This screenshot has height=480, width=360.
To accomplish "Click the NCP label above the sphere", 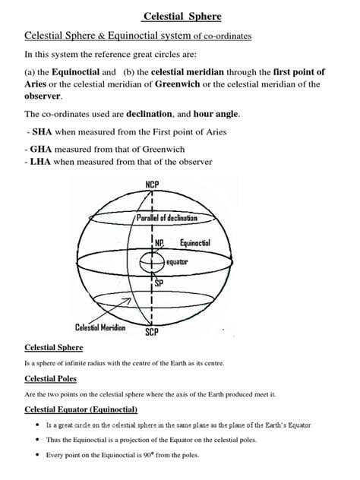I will tap(153, 185).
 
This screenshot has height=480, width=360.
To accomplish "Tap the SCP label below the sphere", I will tap(153, 332).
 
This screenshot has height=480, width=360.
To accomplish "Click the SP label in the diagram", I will tap(159, 283).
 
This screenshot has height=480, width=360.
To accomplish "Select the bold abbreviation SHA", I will tap(41, 133).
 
